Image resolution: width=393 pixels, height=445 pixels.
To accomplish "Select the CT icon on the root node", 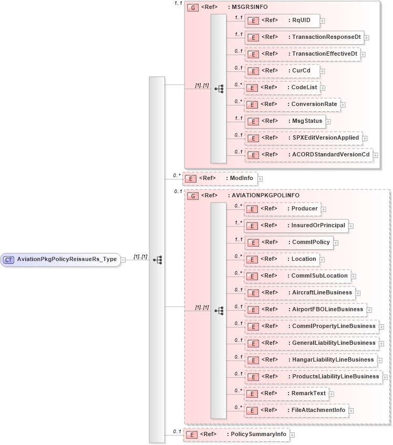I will (9, 259).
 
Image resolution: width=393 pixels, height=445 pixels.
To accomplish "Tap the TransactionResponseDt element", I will (304, 37).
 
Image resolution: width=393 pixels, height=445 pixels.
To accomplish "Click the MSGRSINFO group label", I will (249, 8).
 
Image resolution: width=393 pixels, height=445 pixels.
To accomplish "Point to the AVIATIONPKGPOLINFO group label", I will (265, 195).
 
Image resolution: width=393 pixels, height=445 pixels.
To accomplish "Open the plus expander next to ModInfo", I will (260, 179).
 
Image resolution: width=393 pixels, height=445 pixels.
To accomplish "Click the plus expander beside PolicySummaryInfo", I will (292, 420).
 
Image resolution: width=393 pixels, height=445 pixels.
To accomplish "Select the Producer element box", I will (283, 209).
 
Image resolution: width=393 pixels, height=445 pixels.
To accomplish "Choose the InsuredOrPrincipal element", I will (296, 226).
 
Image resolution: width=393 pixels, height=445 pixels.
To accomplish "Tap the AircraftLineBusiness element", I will (300, 293).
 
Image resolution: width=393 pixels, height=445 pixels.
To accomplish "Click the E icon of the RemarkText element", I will (253, 394).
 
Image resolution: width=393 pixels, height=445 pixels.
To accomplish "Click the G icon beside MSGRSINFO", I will (192, 8).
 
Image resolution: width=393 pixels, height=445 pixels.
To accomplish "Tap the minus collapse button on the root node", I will (123, 259).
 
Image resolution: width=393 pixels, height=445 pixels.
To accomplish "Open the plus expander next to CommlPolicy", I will (336, 243).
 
